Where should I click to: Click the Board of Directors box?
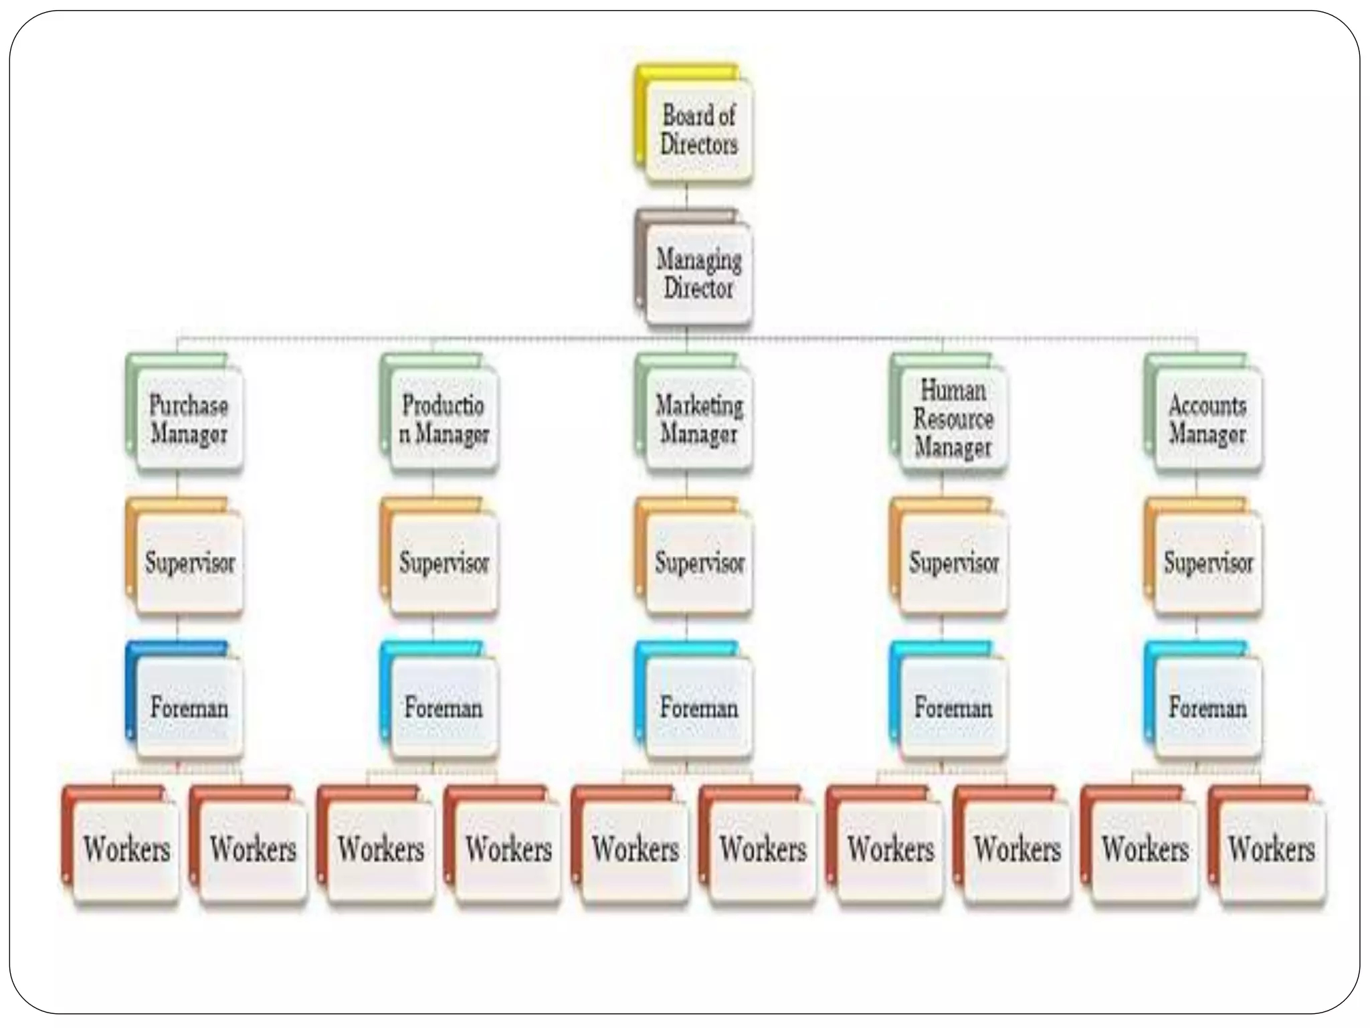point(698,131)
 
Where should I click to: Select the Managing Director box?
point(698,274)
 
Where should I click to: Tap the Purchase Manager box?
point(189,420)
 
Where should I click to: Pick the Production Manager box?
point(444,420)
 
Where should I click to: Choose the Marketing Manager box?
point(698,420)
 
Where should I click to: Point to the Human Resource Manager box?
point(953,420)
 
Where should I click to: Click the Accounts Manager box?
point(1207,420)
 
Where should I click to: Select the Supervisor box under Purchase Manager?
point(189,562)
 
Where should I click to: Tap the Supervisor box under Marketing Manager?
point(698,562)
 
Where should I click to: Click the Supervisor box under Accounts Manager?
point(1207,562)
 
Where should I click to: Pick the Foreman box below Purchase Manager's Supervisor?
point(189,707)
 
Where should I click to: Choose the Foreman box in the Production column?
point(444,707)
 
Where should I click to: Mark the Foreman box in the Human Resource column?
point(953,707)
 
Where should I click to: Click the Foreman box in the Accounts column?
point(1207,707)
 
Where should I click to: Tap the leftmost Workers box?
point(126,850)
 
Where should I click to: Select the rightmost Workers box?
point(1271,850)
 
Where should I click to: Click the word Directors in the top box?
point(699,145)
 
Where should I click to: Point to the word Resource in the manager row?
point(953,419)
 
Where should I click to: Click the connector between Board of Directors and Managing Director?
point(687,196)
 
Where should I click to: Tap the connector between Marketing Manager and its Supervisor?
point(687,485)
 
